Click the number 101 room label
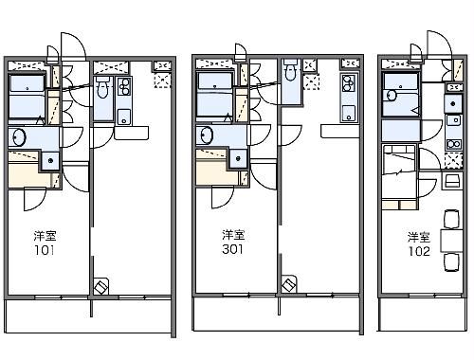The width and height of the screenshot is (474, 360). point(44,252)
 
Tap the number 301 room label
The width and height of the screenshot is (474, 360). point(233,251)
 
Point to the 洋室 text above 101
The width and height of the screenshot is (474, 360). point(44,235)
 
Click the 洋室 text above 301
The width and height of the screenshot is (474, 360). point(233,235)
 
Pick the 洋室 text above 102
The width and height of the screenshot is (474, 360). point(420,236)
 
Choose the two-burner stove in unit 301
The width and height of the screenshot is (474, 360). point(347,85)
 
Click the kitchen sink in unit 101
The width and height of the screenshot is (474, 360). point(123,117)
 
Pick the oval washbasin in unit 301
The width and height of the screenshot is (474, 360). point(208,137)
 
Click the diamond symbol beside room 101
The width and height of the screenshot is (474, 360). point(101,284)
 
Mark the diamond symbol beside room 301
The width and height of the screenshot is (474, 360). point(289,284)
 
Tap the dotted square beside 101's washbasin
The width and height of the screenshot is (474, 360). point(48,159)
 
